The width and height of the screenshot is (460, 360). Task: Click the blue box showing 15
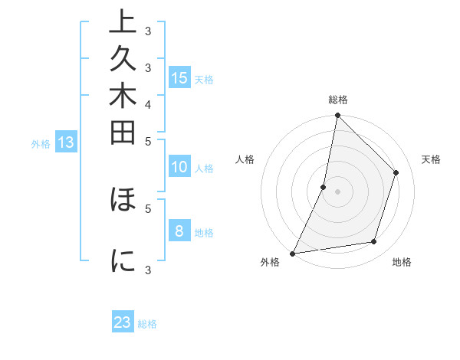click(179, 77)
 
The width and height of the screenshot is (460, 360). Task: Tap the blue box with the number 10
click(179, 168)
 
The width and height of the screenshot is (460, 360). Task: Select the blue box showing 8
click(179, 231)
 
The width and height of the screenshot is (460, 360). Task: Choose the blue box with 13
click(66, 142)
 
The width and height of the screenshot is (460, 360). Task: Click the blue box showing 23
click(123, 322)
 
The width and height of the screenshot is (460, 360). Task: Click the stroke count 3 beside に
click(148, 269)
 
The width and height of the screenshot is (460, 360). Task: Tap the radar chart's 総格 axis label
click(338, 100)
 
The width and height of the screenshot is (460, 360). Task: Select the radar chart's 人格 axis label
click(245, 159)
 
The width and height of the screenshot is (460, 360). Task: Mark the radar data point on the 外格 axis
click(293, 254)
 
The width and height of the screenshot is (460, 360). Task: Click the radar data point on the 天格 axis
click(396, 172)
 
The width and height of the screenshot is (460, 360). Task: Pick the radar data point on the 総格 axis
click(337, 115)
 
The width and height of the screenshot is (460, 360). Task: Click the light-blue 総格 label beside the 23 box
click(147, 324)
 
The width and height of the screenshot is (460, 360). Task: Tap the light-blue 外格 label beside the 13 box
click(41, 143)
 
